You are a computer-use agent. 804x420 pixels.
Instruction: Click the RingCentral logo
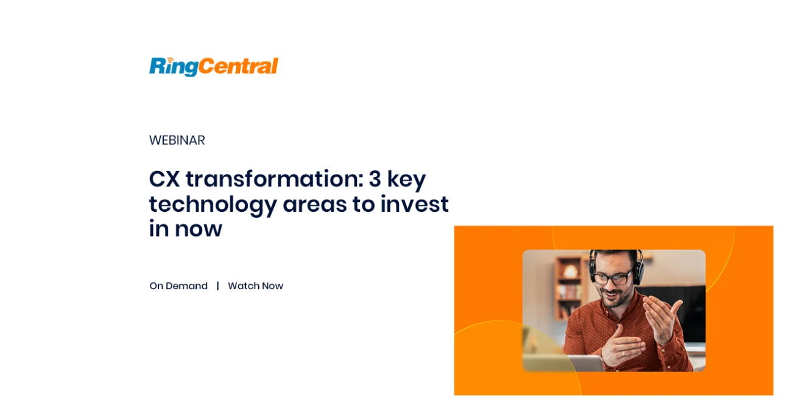pyautogui.click(x=214, y=67)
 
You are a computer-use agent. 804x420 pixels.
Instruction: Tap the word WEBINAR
pyautogui.click(x=177, y=140)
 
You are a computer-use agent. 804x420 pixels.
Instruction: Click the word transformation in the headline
pyautogui.click(x=275, y=178)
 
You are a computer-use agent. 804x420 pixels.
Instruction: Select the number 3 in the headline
pyautogui.click(x=375, y=178)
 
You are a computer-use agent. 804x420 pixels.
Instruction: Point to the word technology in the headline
pyautogui.click(x=213, y=205)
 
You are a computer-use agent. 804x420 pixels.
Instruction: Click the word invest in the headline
pyautogui.click(x=414, y=204)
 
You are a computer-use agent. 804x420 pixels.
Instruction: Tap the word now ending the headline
pyautogui.click(x=199, y=229)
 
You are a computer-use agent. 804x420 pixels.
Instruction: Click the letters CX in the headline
pyautogui.click(x=164, y=178)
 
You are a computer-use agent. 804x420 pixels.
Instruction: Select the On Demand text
pyautogui.click(x=178, y=286)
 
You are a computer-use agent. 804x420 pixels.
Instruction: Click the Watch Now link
pyautogui.click(x=256, y=286)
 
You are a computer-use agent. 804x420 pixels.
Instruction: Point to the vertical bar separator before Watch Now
pyautogui.click(x=218, y=286)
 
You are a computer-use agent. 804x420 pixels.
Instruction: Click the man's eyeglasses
pyautogui.click(x=612, y=278)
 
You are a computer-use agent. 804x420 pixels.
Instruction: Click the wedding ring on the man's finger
pyautogui.click(x=623, y=353)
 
